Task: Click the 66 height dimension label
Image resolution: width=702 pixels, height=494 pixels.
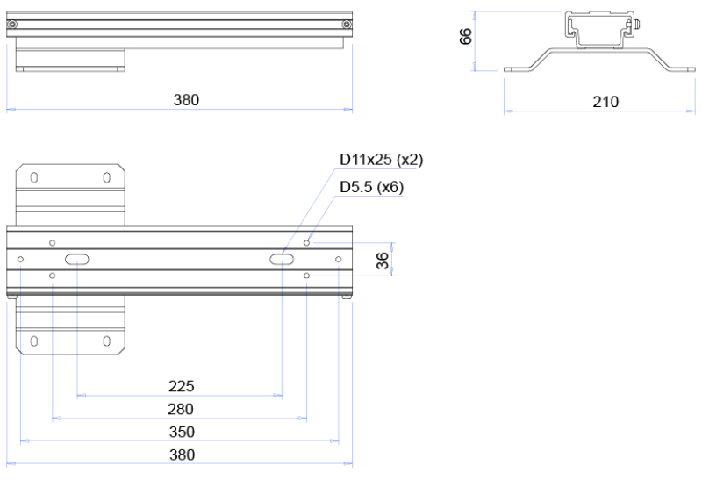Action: [466, 36]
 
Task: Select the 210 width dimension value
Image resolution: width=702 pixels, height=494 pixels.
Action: [605, 102]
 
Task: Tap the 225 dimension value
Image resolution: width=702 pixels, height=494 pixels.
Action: [182, 386]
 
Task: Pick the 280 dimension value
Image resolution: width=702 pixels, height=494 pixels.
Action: [181, 409]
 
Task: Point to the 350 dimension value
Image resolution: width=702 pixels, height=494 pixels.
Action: [182, 432]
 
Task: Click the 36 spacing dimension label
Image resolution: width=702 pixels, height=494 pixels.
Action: [383, 261]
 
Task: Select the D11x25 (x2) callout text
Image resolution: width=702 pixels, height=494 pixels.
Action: [382, 160]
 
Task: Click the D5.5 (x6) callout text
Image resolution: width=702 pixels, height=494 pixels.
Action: [371, 187]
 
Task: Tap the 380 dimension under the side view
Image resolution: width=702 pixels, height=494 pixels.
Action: [186, 99]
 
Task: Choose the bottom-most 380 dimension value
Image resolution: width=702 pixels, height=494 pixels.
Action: [183, 455]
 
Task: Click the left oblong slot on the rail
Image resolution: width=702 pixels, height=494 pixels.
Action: [77, 260]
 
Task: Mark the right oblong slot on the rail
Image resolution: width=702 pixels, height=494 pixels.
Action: [282, 260]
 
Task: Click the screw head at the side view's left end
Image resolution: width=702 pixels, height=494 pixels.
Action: [12, 25]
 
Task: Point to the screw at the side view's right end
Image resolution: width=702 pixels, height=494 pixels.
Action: [347, 25]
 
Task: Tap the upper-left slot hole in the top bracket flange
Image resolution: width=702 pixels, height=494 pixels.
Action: [34, 177]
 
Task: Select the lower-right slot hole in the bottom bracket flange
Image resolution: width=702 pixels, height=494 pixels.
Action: [106, 341]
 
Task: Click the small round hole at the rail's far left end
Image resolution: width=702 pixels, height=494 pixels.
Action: [20, 260]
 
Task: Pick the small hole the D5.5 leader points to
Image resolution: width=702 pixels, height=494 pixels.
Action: [306, 243]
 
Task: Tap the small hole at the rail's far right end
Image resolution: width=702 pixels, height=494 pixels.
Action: [339, 260]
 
